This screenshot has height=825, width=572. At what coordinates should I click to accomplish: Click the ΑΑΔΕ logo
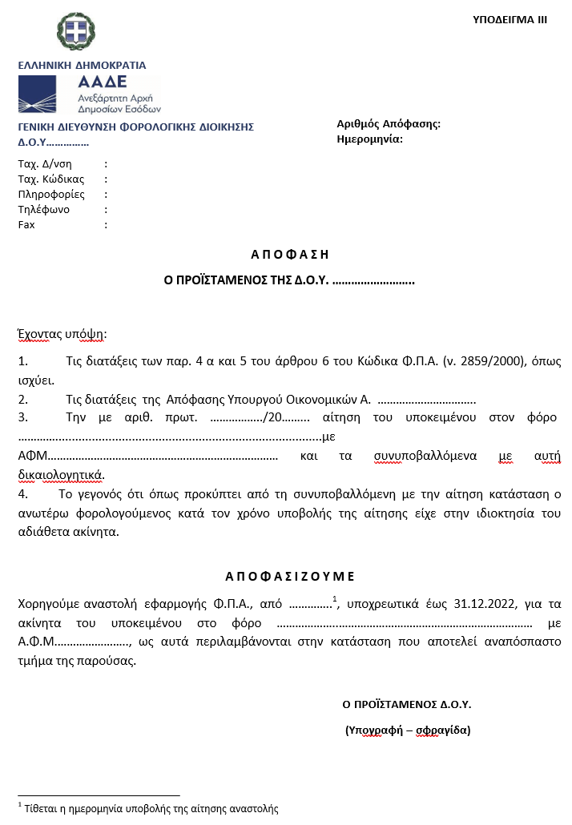click(x=89, y=95)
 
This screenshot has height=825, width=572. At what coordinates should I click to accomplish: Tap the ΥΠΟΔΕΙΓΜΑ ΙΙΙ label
click(x=510, y=19)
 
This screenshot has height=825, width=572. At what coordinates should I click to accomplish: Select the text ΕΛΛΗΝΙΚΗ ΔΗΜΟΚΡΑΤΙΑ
click(x=82, y=65)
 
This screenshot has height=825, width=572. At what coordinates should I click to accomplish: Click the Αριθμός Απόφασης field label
click(x=389, y=123)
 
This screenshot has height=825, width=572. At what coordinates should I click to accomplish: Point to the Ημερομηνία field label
click(x=370, y=139)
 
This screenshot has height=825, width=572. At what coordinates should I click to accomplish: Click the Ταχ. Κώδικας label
click(x=51, y=179)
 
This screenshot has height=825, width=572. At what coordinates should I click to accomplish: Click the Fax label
click(x=26, y=224)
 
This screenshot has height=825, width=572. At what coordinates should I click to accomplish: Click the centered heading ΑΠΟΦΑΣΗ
click(x=290, y=255)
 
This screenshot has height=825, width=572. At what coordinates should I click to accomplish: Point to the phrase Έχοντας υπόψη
click(x=62, y=333)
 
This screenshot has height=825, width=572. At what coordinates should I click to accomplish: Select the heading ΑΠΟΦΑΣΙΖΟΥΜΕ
click(x=289, y=576)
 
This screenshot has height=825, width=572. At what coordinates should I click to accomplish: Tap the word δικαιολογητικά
click(x=61, y=473)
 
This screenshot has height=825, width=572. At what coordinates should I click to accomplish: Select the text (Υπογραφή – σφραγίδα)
click(x=407, y=730)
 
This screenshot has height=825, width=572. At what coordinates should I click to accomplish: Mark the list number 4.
click(x=22, y=494)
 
